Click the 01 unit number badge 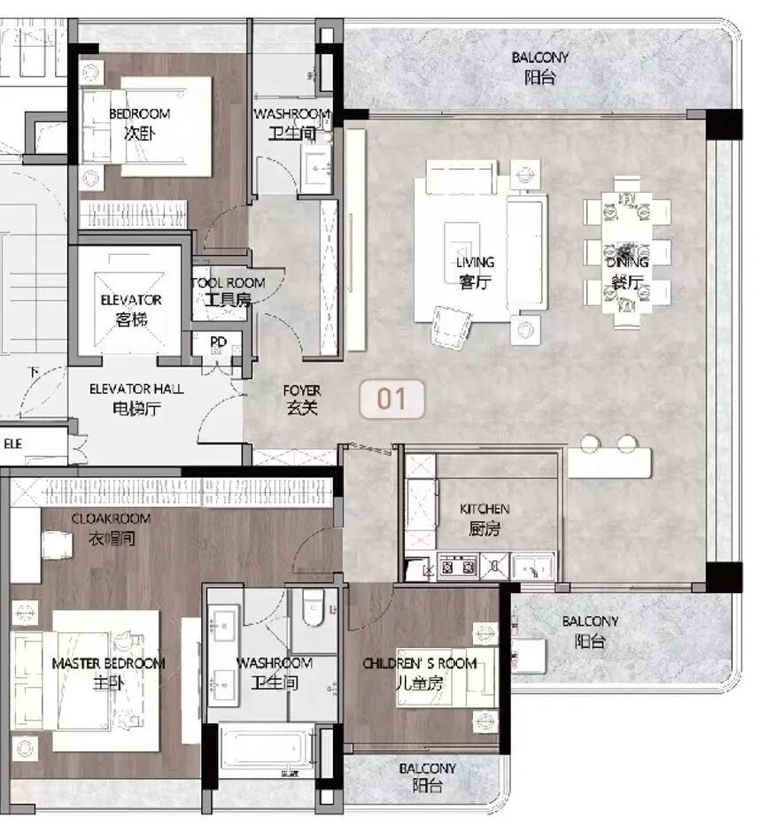392,399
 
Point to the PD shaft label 218,342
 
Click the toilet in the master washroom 314,608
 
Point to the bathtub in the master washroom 267,749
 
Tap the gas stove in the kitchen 458,567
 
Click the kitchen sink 532,567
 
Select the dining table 627,252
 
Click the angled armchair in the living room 451,327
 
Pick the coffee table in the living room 461,246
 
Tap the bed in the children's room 446,678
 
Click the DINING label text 627,261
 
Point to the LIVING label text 476,262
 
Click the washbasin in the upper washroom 316,168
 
